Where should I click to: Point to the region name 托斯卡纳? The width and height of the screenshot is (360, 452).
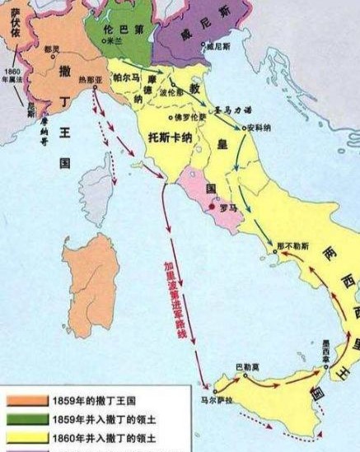click(171, 135)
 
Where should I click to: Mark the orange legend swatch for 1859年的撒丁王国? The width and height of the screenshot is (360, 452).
click(26, 401)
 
